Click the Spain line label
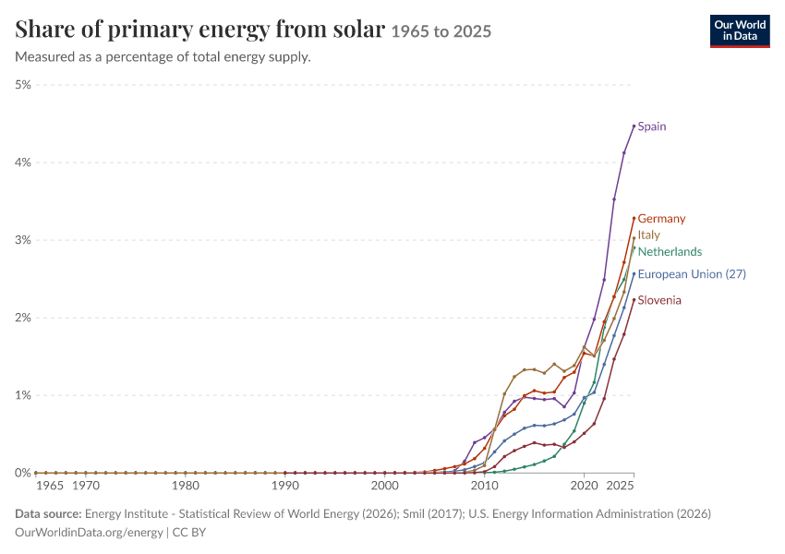(x=652, y=126)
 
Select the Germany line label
(x=661, y=219)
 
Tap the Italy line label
(x=649, y=235)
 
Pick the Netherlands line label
(x=670, y=252)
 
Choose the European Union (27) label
(x=692, y=274)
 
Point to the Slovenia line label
(x=659, y=300)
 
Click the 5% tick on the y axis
(x=23, y=85)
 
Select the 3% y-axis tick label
(x=23, y=240)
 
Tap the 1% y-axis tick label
(x=23, y=395)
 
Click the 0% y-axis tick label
(x=23, y=473)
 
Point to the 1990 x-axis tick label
(x=285, y=486)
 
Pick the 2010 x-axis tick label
(x=485, y=486)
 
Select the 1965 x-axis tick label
(x=50, y=486)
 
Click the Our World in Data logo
(x=740, y=31)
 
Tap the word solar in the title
(x=359, y=29)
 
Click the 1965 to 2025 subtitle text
(x=441, y=31)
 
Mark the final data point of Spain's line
(x=634, y=126)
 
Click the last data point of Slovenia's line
(x=634, y=300)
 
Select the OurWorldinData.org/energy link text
(x=89, y=533)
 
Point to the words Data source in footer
(x=48, y=514)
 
